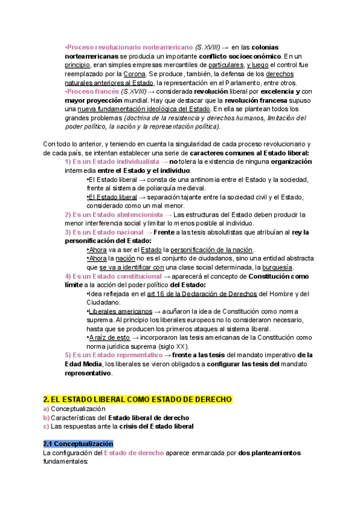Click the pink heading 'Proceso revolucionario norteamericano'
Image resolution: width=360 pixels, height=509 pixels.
(128, 47)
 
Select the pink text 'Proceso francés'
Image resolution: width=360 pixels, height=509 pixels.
(91, 91)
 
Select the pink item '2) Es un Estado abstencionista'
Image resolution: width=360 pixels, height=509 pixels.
(113, 214)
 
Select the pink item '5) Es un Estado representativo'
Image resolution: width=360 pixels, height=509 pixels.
(113, 355)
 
